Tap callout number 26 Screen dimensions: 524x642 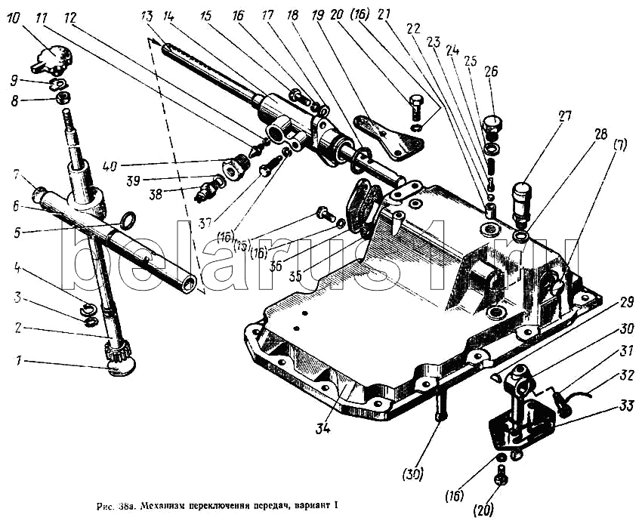coord(492,73)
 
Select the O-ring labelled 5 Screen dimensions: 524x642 coord(128,220)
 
